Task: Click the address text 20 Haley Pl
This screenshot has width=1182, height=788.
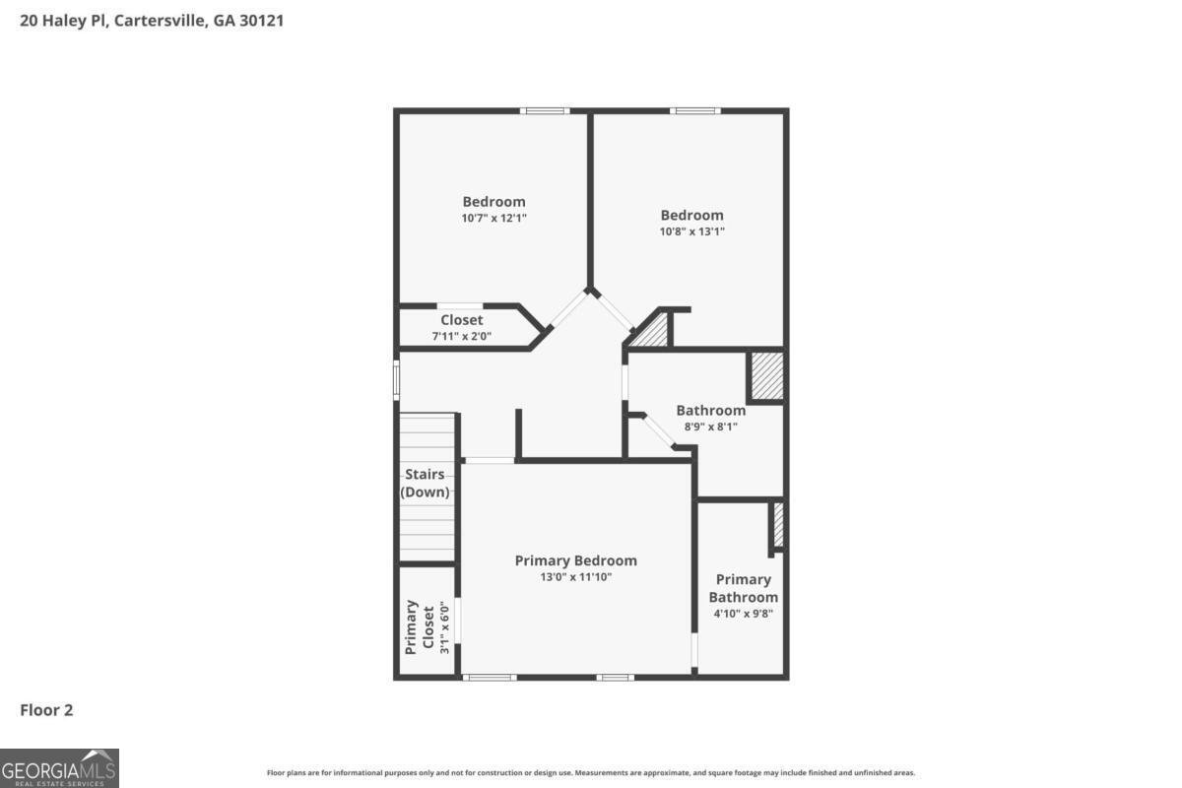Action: [152, 20]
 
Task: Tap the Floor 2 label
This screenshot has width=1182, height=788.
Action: [46, 709]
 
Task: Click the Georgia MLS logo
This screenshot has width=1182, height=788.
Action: [59, 768]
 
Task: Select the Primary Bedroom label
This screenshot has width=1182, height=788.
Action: [575, 560]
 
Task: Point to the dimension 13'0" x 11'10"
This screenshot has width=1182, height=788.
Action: [575, 577]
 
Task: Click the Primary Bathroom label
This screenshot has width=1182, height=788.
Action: [744, 588]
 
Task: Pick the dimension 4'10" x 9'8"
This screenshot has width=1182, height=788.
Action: [744, 613]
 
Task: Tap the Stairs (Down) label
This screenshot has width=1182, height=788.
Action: [425, 483]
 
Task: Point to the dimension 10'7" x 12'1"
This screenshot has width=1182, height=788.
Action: [494, 218]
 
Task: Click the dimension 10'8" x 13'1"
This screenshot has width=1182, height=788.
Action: [691, 231]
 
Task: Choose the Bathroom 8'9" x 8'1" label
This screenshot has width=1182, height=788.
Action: [710, 418]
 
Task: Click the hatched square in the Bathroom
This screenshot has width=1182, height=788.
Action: [766, 376]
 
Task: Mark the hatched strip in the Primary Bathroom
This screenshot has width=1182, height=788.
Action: [777, 525]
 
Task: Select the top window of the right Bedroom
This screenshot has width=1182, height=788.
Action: [694, 110]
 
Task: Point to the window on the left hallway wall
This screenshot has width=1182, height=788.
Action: [397, 378]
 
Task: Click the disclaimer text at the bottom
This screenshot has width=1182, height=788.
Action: [591, 773]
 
